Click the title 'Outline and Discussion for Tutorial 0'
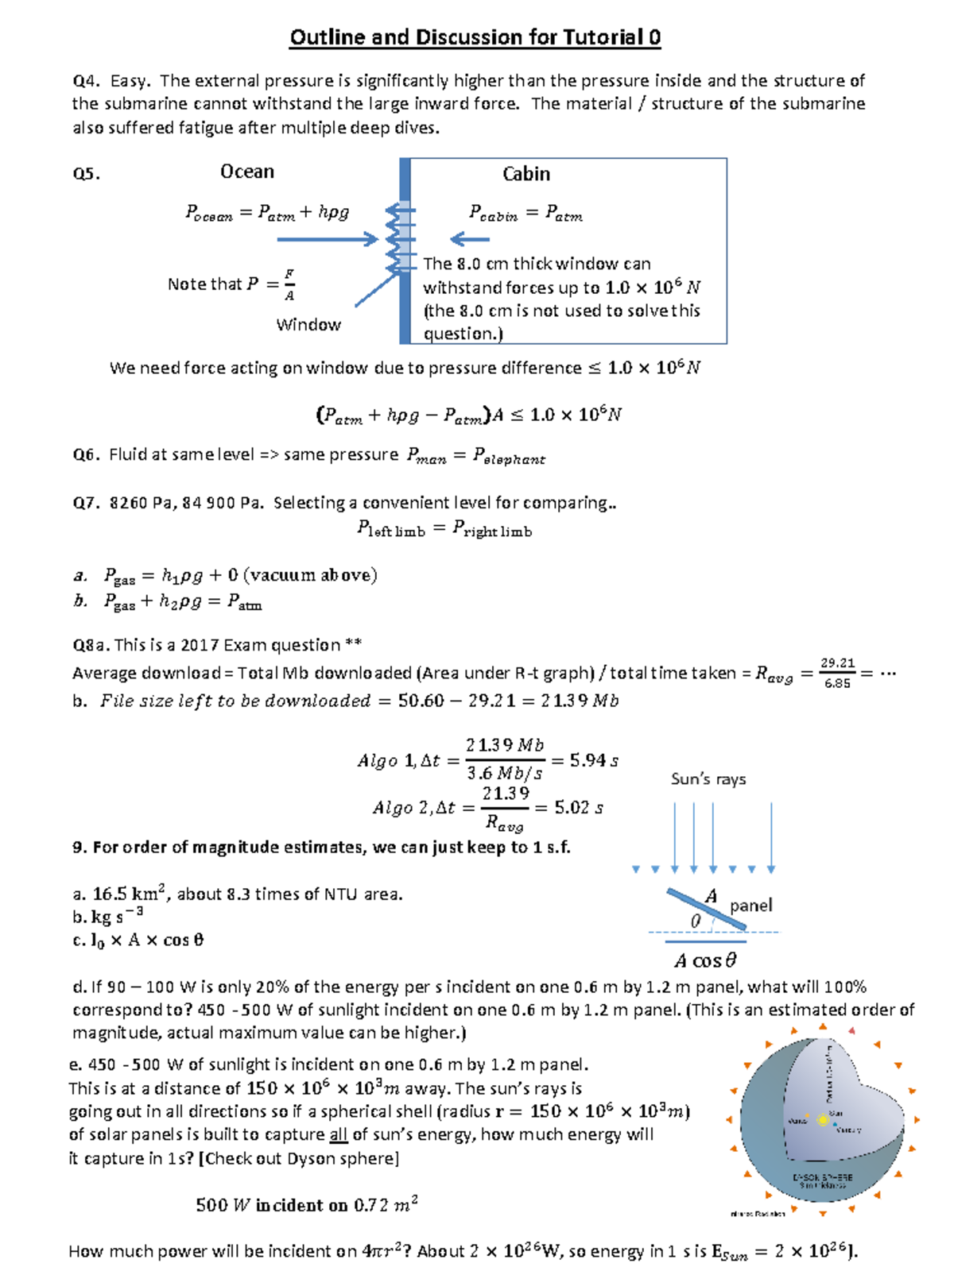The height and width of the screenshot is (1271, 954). [x=475, y=37]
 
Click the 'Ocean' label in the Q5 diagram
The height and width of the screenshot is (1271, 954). [x=247, y=172]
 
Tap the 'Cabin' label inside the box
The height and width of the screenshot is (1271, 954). [x=525, y=174]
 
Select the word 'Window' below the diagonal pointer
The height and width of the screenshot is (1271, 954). [x=308, y=324]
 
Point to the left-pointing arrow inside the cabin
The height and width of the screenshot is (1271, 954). [x=470, y=238]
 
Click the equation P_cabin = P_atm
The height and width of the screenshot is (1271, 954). [x=525, y=213]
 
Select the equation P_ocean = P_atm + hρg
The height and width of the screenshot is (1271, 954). [x=267, y=212]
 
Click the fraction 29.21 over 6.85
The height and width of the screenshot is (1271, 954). [x=837, y=673]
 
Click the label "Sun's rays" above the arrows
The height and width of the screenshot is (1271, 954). [x=708, y=779]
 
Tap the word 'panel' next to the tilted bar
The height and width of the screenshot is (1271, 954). [x=750, y=906]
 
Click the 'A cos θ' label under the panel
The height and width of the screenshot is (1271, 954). [x=705, y=960]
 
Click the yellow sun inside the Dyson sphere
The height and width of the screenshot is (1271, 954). [x=822, y=1119]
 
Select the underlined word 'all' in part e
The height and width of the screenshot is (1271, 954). [x=339, y=1134]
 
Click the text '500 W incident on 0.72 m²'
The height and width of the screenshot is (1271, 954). [x=307, y=1205]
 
